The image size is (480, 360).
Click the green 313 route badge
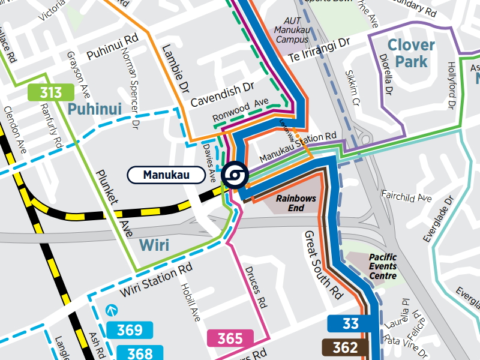click(51, 92)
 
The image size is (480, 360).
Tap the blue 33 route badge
click(351, 324)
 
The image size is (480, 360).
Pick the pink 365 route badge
click(230, 338)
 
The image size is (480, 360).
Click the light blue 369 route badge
click(130, 330)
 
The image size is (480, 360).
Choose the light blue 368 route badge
click(134, 353)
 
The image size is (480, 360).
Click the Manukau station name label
click(166, 175)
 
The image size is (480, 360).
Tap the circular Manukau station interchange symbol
click(233, 175)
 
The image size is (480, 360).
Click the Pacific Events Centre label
click(383, 266)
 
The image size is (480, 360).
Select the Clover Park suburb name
click(411, 53)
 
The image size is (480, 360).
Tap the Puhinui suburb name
click(95, 109)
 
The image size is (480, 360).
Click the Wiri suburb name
click(155, 245)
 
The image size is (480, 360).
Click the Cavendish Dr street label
click(223, 95)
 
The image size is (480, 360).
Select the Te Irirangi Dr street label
click(319, 51)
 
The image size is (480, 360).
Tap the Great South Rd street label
click(323, 264)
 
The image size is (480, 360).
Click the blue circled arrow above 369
click(111, 311)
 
